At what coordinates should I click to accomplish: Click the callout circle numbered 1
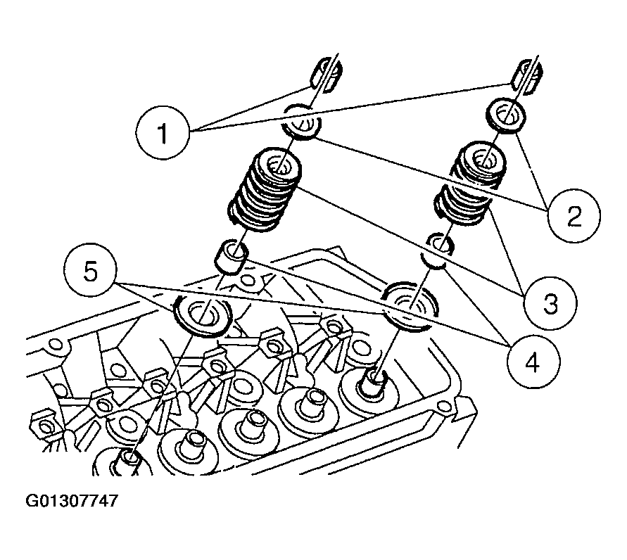(163, 132)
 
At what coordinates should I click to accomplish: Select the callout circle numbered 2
(574, 215)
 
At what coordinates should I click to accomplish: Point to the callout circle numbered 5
(91, 271)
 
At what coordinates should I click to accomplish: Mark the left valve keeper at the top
(327, 73)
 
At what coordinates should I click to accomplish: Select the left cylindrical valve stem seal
(232, 256)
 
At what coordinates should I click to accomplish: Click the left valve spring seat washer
(202, 315)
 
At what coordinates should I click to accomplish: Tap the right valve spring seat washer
(410, 304)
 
